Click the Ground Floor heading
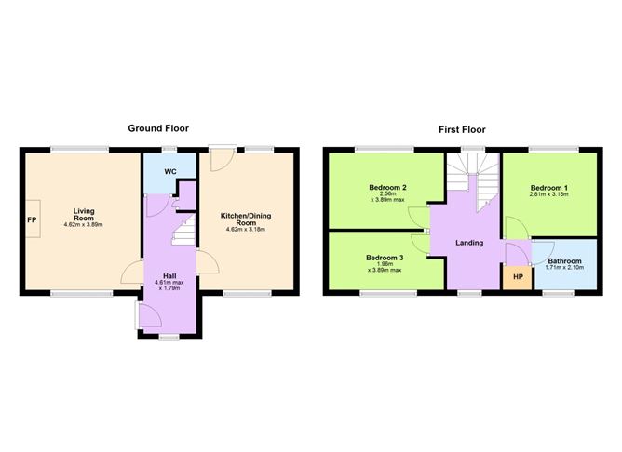pyautogui.click(x=162, y=129)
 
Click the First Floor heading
pyautogui.click(x=462, y=129)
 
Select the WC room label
pyautogui.click(x=170, y=171)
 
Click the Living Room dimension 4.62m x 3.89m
pyautogui.click(x=85, y=225)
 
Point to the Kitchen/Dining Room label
pyautogui.click(x=245, y=219)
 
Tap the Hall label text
pyautogui.click(x=169, y=275)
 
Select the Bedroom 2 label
pyautogui.click(x=385, y=187)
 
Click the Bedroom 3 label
pyautogui.click(x=385, y=258)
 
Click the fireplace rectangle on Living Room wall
pyautogui.click(x=33, y=221)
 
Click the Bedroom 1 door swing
pyautogui.click(x=514, y=226)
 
